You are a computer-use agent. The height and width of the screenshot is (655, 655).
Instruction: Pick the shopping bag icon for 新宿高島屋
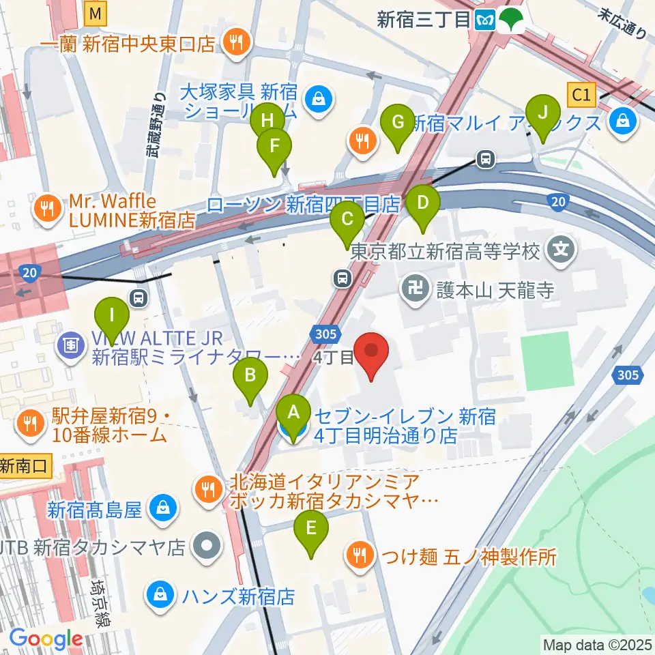[163, 508]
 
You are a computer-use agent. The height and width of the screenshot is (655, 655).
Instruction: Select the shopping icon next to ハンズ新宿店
[160, 595]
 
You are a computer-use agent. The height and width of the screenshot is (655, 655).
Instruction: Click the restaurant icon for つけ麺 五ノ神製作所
[360, 555]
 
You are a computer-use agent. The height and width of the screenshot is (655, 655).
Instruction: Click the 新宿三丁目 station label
[423, 20]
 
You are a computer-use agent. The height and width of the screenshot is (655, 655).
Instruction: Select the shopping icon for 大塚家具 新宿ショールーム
[317, 100]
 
